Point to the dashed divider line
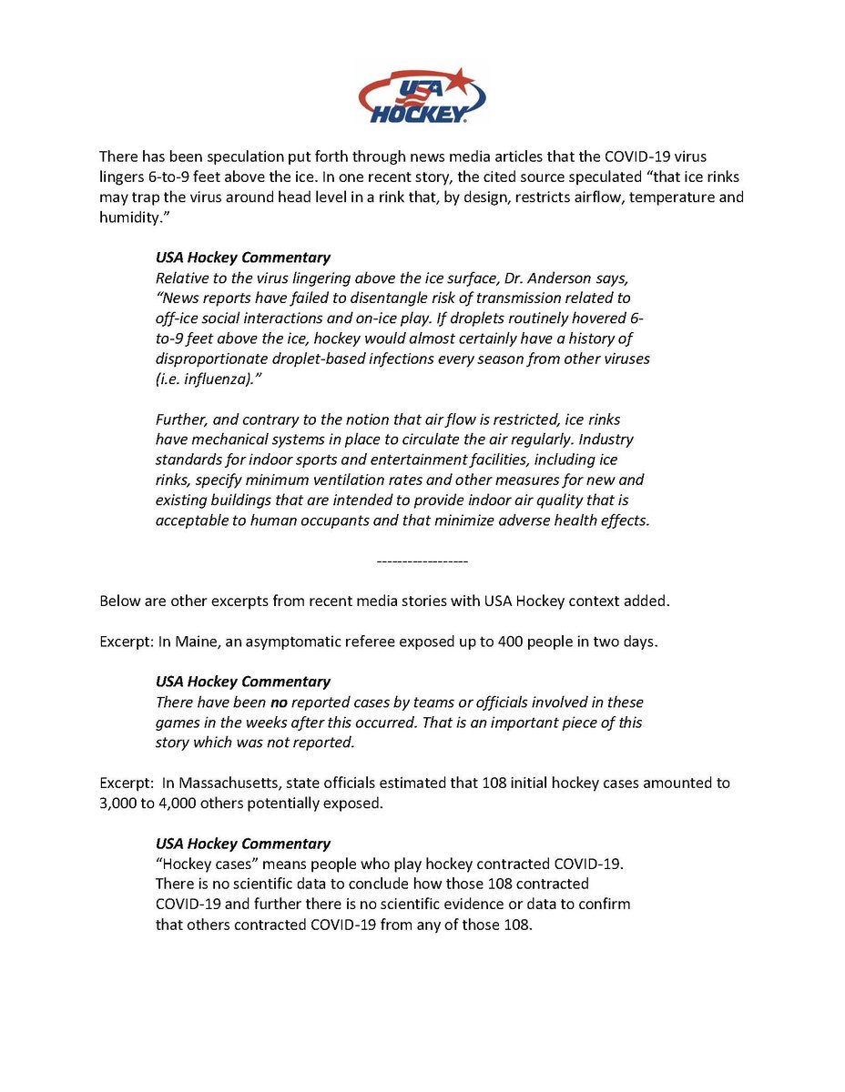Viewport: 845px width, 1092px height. (422, 561)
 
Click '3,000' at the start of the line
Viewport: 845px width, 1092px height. (119, 803)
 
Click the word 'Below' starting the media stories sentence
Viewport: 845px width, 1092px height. (119, 601)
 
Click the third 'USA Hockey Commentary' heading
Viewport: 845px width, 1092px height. (243, 844)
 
